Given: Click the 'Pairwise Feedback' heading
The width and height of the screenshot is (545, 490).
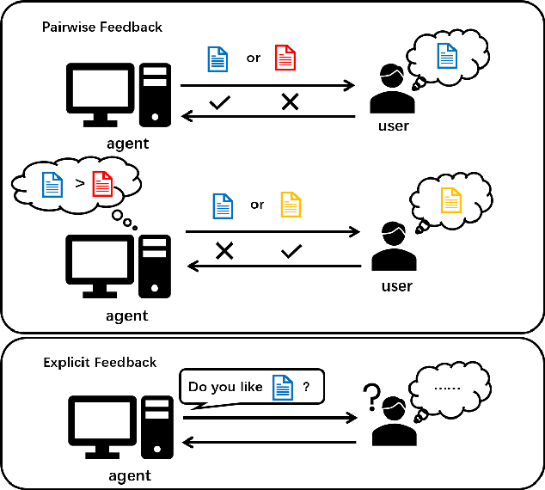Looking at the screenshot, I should [102, 28].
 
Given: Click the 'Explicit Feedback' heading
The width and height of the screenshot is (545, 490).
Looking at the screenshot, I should [100, 363].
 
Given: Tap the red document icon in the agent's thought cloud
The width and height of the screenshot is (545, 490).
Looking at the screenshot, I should [102, 184].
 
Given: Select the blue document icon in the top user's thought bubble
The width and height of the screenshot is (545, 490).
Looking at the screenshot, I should [447, 57].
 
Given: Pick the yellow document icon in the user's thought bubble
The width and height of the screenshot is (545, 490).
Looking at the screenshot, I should [450, 200].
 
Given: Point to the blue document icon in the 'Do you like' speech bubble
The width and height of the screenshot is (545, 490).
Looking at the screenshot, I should [283, 387].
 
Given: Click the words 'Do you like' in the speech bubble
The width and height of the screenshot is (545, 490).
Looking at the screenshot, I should [225, 387].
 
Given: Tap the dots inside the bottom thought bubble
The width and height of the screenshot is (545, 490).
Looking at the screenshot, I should [446, 388].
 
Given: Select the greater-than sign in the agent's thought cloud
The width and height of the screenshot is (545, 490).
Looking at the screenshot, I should [78, 184].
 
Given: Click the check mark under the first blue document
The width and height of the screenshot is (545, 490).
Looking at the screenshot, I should [220, 102].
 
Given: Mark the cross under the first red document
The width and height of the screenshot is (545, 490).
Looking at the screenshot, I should [291, 102].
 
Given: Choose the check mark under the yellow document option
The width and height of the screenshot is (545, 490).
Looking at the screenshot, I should [291, 251].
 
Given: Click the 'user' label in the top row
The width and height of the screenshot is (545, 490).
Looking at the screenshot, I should [394, 126].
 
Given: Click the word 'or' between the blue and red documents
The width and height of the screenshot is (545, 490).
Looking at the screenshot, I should [254, 58].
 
